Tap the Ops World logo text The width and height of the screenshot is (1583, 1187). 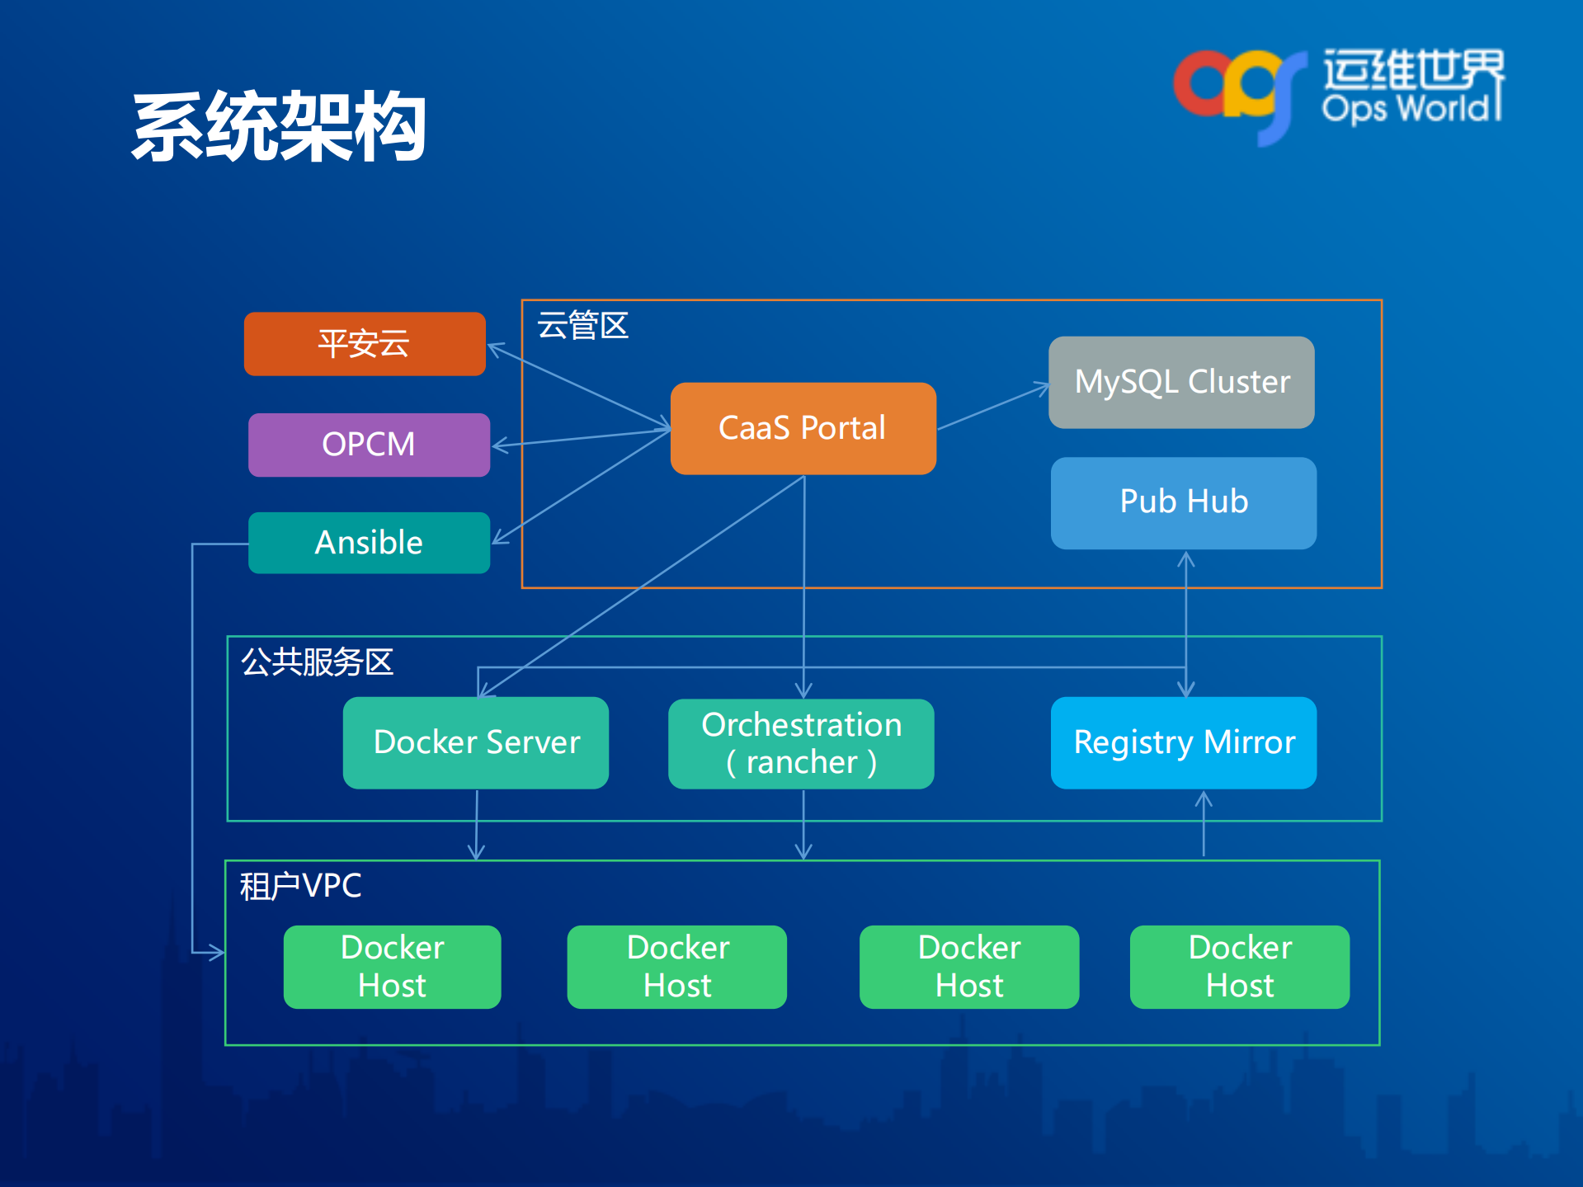pyautogui.click(x=1411, y=107)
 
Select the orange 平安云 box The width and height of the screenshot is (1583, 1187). pyautogui.click(x=365, y=344)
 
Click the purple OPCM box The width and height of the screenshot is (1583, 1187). pyautogui.click(x=369, y=445)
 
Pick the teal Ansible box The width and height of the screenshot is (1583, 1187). pyautogui.click(x=369, y=543)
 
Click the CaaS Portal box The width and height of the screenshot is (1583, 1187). pyautogui.click(x=803, y=428)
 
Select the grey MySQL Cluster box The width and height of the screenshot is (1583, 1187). pyautogui.click(x=1181, y=382)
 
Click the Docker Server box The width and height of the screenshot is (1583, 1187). pyautogui.click(x=476, y=742)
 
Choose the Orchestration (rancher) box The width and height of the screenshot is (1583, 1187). pyautogui.click(x=801, y=743)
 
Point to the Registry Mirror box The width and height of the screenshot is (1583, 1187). pyautogui.click(x=1183, y=742)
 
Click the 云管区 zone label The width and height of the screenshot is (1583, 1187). pyautogui.click(x=582, y=326)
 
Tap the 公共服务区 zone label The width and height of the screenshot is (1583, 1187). pyautogui.click(x=317, y=662)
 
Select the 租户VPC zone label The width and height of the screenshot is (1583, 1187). pyautogui.click(x=300, y=886)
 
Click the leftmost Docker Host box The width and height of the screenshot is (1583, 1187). pyautogui.click(x=392, y=967)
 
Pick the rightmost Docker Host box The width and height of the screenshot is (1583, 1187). pyautogui.click(x=1239, y=967)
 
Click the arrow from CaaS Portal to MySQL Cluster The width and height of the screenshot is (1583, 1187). pyautogui.click(x=992, y=407)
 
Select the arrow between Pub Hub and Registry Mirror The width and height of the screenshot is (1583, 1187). pyautogui.click(x=1185, y=623)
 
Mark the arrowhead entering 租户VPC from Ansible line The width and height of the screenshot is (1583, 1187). pyautogui.click(x=216, y=953)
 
